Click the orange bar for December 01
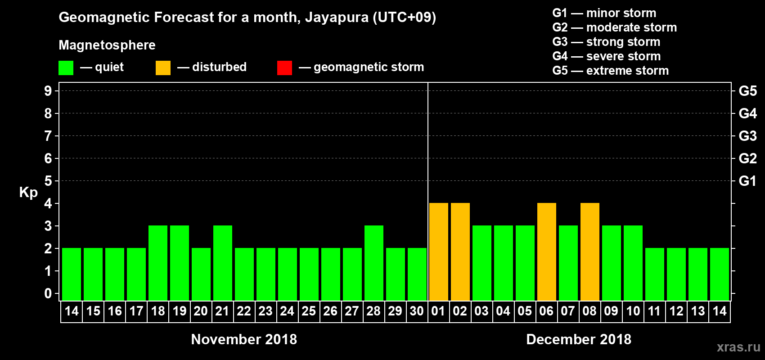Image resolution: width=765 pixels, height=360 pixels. (x=438, y=252)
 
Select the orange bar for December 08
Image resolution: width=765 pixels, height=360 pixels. (x=589, y=252)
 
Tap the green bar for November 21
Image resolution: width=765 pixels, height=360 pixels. (x=222, y=263)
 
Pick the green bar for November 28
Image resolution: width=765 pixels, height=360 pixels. (x=373, y=263)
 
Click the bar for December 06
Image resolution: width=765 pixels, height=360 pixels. (x=546, y=252)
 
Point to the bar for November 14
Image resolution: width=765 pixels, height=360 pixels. (x=71, y=274)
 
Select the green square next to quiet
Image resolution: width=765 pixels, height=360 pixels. (x=66, y=68)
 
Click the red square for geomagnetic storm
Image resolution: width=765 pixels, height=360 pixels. (x=284, y=68)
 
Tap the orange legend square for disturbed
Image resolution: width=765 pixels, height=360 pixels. (x=163, y=68)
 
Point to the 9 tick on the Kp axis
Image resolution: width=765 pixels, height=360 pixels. (x=48, y=91)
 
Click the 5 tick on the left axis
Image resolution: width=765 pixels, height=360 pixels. (x=48, y=181)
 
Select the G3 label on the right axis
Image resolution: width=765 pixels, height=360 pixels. (x=747, y=136)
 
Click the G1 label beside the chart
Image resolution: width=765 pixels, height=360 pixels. (x=747, y=181)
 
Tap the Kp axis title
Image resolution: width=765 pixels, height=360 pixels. (x=28, y=192)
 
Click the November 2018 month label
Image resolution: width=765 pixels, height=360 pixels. (x=244, y=339)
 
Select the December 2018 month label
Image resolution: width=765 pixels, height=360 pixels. (x=578, y=339)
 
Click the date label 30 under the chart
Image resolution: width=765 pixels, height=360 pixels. (x=417, y=311)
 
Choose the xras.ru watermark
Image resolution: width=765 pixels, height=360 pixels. (x=738, y=347)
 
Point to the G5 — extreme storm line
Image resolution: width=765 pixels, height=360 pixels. (x=610, y=71)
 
